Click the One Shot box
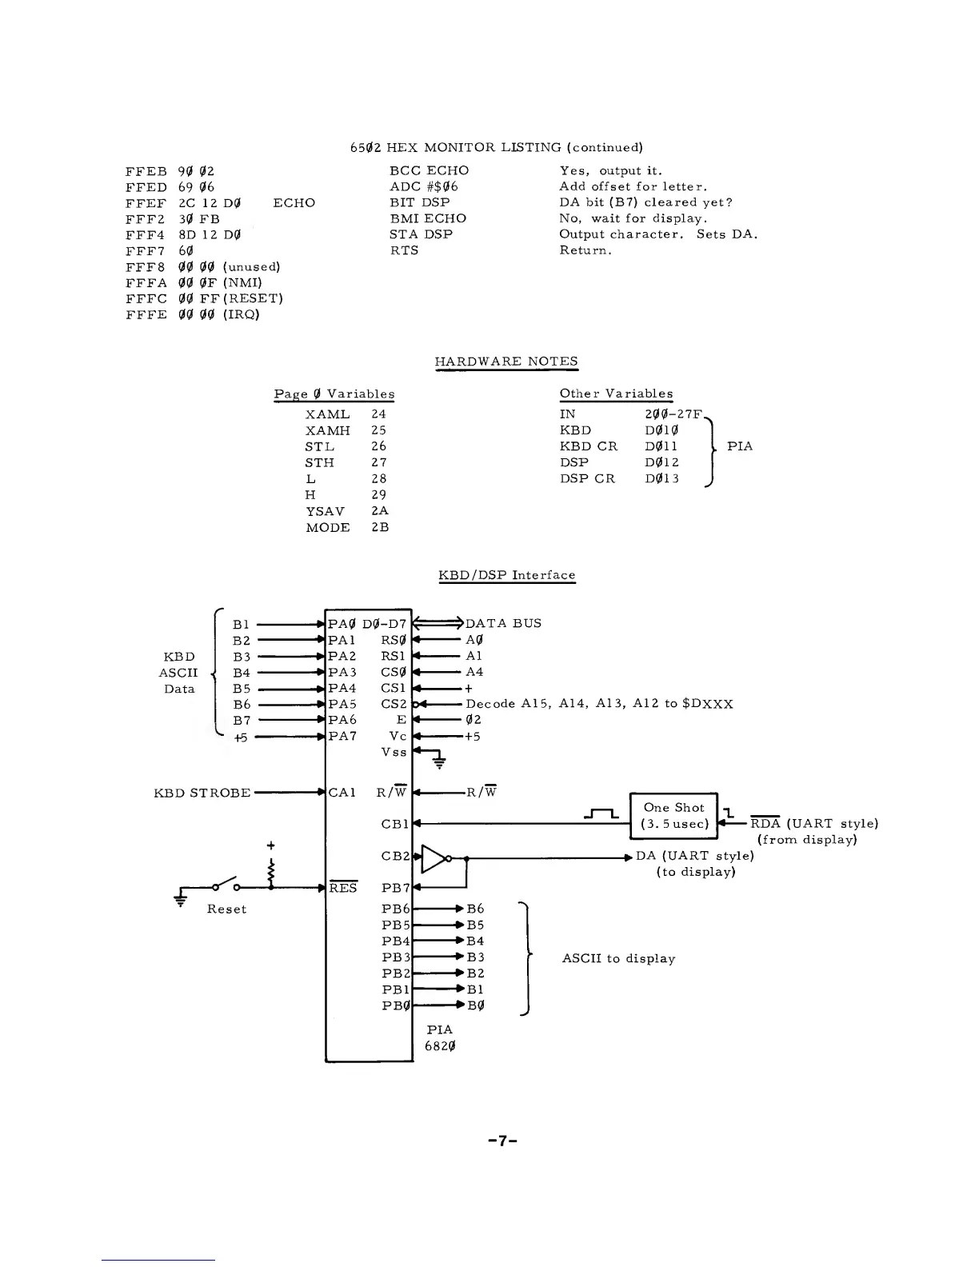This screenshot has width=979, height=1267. coord(674,815)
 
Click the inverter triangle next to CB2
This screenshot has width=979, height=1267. coord(434,858)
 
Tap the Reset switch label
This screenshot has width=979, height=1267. coord(226,909)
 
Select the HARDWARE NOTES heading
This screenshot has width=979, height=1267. coord(505,362)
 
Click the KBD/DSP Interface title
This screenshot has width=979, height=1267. coord(507,575)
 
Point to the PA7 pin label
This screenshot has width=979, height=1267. coord(342,736)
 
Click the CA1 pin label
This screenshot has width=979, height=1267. coord(342,793)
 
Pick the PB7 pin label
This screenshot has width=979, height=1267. coord(396,887)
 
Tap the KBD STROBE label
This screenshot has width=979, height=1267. coord(202,793)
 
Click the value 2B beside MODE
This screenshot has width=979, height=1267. coord(380,527)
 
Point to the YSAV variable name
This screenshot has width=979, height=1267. coord(325,511)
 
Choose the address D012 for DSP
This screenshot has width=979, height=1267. coord(661,462)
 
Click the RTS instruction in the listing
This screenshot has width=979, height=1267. coord(404,250)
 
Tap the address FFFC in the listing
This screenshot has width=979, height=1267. coord(146,298)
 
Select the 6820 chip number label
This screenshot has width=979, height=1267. coord(441,1046)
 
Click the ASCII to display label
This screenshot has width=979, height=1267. coord(618,958)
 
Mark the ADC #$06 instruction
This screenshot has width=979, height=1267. coord(423,186)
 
